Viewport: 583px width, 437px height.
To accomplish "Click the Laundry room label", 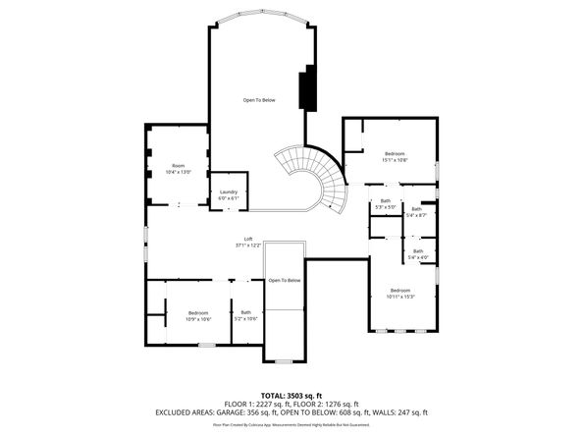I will [x=229, y=194].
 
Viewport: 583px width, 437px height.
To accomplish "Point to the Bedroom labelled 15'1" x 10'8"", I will [x=395, y=156].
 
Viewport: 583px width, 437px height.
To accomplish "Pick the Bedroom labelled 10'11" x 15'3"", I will [x=400, y=293].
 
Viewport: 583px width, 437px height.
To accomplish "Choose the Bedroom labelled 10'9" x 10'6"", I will [x=199, y=315].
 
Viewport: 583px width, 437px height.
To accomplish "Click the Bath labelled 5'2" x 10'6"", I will [x=245, y=315].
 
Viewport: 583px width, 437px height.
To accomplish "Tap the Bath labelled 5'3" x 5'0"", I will [x=386, y=204].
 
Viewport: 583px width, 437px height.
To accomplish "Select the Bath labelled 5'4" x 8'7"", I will [x=417, y=212].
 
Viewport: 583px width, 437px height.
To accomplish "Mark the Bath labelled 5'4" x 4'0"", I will [x=418, y=254].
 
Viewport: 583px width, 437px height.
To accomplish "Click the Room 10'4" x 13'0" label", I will [x=178, y=169].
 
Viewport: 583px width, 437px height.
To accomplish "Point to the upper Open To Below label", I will [x=259, y=100].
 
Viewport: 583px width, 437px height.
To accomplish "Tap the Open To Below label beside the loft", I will [x=284, y=281].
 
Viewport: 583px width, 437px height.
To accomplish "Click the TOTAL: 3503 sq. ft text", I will [x=291, y=394].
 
